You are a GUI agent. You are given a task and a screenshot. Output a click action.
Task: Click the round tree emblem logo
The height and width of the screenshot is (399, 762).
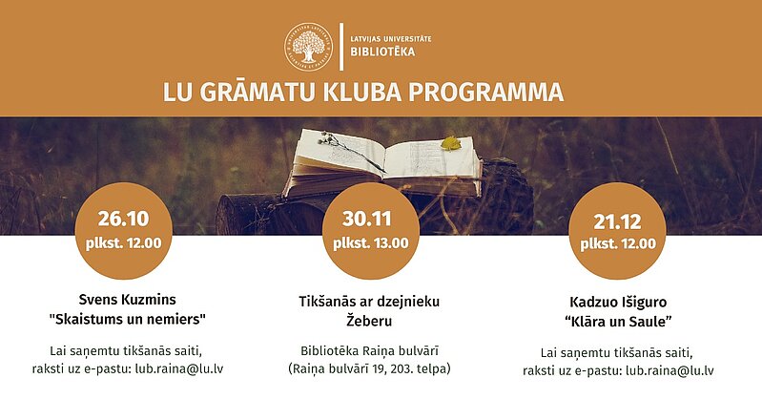tap(309, 47)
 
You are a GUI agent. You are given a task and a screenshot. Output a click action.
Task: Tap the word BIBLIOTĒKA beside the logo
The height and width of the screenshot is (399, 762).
tap(383, 52)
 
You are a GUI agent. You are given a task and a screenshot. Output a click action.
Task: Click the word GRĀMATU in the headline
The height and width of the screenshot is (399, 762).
tap(257, 93)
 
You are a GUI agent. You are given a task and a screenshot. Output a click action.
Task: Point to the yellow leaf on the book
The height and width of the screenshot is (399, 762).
tap(450, 143)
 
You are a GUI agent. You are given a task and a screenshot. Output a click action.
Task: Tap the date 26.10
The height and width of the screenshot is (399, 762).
tap(123, 219)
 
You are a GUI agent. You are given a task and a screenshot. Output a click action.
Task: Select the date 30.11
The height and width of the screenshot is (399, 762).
tap(367, 219)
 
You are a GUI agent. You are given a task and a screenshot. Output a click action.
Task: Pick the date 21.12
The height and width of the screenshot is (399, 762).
tap(617, 221)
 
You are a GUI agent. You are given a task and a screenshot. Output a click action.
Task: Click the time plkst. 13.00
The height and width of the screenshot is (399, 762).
tap(371, 242)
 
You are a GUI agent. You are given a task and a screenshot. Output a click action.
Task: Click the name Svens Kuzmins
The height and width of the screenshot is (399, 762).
tap(128, 300)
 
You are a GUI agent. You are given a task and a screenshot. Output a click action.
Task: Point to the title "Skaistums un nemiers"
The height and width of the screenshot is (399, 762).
tap(128, 320)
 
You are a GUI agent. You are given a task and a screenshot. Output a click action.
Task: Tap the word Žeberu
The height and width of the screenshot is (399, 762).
tap(369, 321)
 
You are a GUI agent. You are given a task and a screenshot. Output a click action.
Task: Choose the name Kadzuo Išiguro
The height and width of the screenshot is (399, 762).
tap(618, 303)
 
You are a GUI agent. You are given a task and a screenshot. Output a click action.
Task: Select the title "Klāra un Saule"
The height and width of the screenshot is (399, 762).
tap(618, 322)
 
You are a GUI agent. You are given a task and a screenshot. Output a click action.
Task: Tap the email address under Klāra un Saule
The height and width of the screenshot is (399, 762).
tap(669, 370)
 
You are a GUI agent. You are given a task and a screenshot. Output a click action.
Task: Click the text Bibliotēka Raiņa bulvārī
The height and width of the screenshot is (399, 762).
tap(369, 350)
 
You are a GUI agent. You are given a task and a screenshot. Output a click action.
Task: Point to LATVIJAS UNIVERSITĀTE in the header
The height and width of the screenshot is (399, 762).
tap(391, 38)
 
